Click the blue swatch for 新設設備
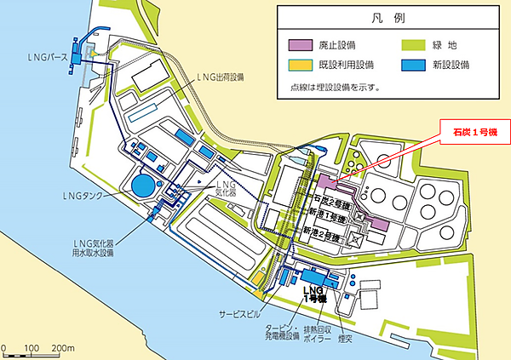[412, 66]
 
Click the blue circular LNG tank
[144, 185]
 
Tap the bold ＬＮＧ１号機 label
[314, 294]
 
